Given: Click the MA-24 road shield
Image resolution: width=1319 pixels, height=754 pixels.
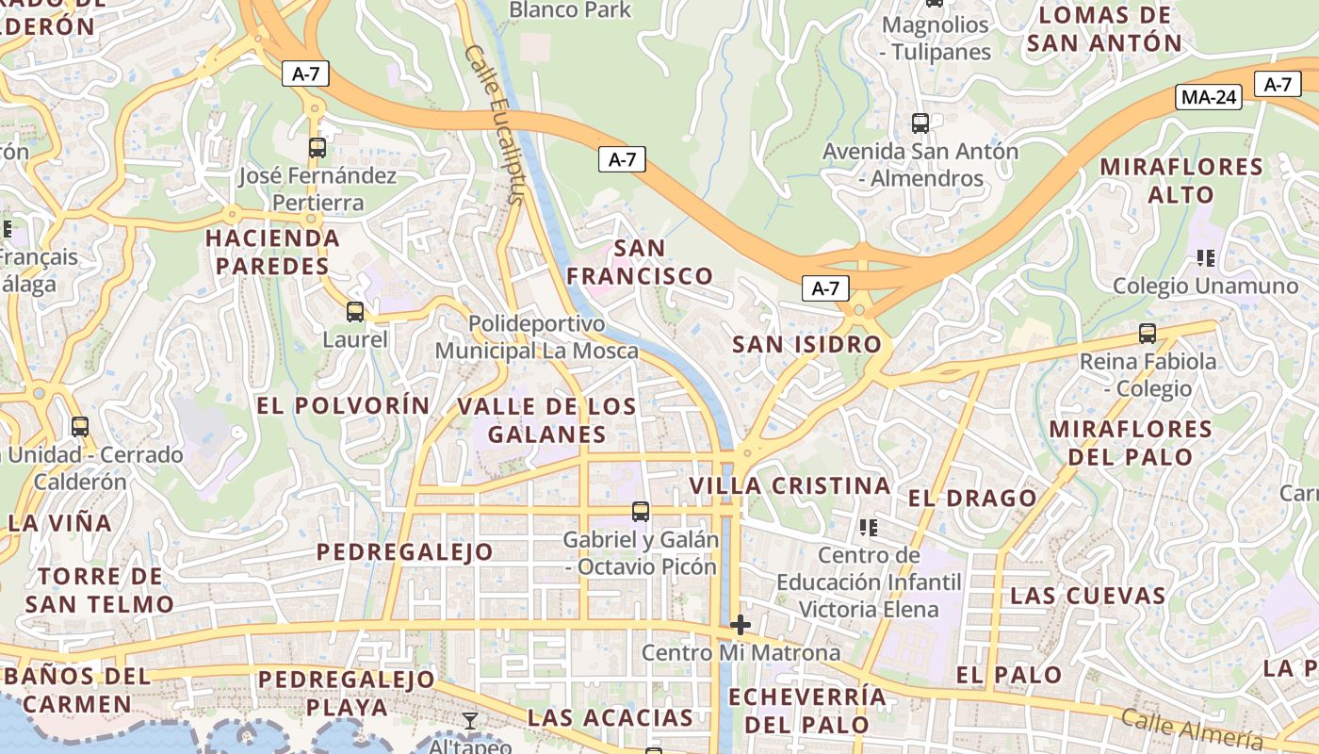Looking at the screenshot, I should click(x=1210, y=96).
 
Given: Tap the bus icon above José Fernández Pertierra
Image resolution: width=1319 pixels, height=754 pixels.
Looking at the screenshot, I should click(x=318, y=148).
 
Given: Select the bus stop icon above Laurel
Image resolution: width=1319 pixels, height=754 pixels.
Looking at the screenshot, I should click(x=355, y=312).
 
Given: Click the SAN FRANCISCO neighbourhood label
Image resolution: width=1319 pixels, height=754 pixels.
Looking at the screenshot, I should click(x=640, y=262).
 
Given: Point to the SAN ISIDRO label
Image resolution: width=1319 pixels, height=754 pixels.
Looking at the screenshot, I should click(x=806, y=344).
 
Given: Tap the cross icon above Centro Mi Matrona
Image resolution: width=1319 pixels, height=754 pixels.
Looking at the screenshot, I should click(x=741, y=624).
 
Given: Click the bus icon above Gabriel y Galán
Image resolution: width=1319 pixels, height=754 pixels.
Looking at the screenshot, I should click(x=641, y=512).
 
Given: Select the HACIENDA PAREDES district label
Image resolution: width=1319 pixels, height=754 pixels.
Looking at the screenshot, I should click(x=273, y=252).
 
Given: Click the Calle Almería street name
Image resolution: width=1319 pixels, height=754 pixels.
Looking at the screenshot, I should click(x=1192, y=729).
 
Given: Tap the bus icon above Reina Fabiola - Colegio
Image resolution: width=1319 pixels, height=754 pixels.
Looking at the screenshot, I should click(x=1148, y=333).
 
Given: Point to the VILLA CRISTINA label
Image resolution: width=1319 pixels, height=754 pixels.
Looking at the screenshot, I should click(x=790, y=485).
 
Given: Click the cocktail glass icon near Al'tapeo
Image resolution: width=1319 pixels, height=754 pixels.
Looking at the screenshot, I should click(x=470, y=722).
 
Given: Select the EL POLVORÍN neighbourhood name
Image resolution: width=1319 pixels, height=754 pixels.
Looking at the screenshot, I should click(x=343, y=405).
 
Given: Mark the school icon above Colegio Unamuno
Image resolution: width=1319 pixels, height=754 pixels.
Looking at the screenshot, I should click(x=1205, y=257).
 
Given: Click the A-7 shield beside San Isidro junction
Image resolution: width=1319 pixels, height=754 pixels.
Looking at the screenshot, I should click(x=825, y=288).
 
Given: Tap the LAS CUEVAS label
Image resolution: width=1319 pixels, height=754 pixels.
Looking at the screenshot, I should click(x=1088, y=596).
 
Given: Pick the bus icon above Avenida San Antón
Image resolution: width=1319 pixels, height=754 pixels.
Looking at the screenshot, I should click(x=920, y=123).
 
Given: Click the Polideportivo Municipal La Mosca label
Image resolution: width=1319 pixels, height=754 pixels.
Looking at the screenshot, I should click(x=536, y=337).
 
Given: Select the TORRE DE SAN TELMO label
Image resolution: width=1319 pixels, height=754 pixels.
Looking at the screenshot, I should click(x=100, y=590).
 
